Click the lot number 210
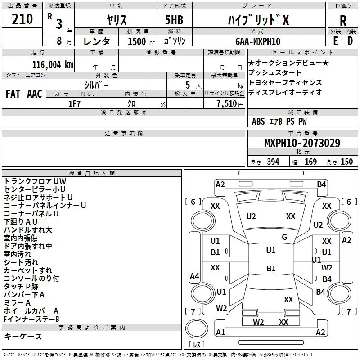(x=22, y=19)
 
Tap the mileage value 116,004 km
(x=52, y=64)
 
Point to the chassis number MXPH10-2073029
(x=302, y=143)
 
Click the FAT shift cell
(x=13, y=94)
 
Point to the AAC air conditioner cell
(x=34, y=94)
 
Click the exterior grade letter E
(x=335, y=41)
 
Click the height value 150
(x=346, y=162)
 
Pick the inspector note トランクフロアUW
(x=35, y=181)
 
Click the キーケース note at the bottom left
(x=23, y=337)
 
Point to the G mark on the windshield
(x=284, y=237)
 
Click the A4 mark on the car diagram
(x=194, y=276)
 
